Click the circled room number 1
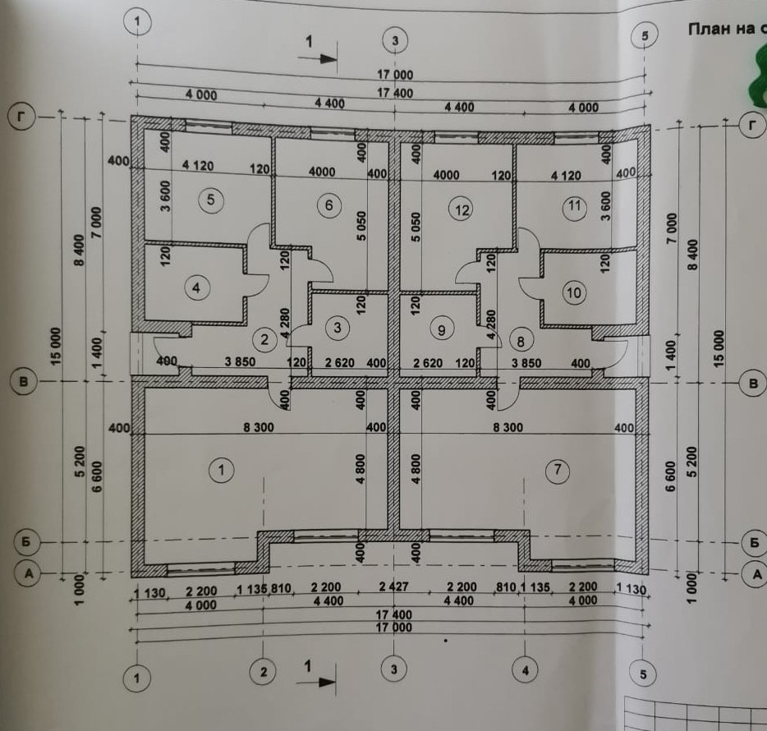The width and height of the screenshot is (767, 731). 222,470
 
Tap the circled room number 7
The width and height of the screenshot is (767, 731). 558,470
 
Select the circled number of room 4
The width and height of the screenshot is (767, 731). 196,287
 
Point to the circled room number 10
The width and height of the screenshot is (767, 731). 573,292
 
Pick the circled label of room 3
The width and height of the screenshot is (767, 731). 338,328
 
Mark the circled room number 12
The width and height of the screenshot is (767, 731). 462,209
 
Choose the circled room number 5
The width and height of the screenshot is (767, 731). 211,200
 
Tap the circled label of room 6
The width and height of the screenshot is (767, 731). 328,205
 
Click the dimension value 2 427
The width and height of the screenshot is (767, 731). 394,588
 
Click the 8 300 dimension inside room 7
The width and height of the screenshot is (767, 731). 517,427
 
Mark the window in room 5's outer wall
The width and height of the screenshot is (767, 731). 207,126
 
